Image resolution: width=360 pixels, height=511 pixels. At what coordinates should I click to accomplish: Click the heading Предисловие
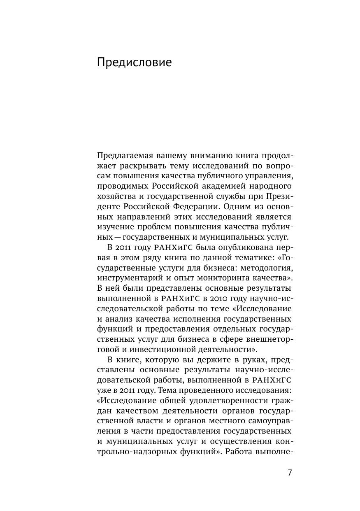(134, 63)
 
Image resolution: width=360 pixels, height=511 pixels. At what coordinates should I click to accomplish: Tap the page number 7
(290, 473)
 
